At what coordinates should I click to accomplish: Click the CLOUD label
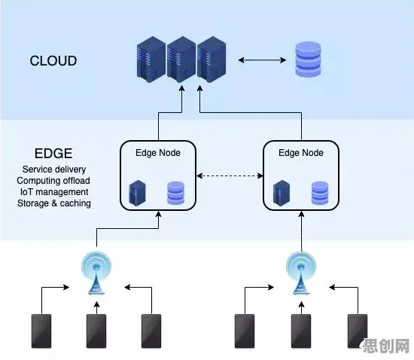53,61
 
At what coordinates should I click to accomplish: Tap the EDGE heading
53,153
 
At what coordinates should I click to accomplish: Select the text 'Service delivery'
54,169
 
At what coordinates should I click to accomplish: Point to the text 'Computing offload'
53,181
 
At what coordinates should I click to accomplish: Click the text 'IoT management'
54,192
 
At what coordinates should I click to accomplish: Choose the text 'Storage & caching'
54,203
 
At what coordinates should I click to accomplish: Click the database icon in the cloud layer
308,59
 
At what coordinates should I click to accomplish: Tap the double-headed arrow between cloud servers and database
262,60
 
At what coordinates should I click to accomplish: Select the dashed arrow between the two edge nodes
230,175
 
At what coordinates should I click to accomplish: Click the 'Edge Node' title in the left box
158,153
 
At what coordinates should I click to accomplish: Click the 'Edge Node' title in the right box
301,153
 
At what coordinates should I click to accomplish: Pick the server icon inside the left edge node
137,193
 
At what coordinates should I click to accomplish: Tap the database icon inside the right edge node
320,193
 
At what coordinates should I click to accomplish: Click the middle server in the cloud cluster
181,59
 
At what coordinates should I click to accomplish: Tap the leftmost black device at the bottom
41,331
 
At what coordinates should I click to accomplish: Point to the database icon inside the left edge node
176,193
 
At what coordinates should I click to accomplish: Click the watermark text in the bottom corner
385,346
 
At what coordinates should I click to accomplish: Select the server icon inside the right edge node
282,193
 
